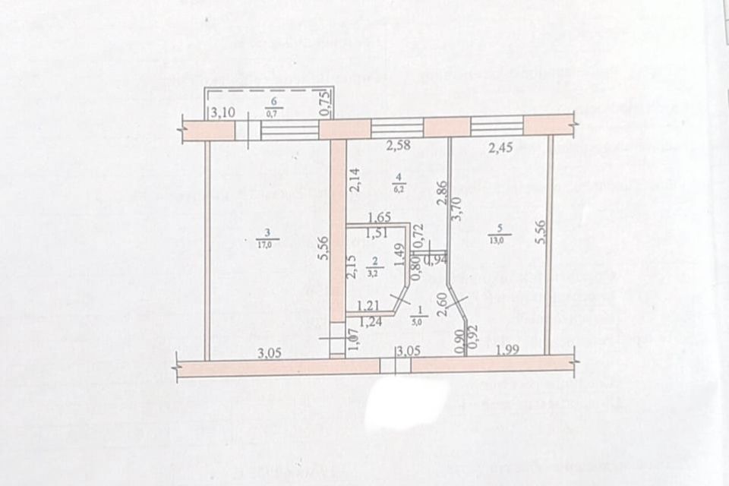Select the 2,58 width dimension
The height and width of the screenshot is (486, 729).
tap(399, 147)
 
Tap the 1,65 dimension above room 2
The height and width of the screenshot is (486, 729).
tap(378, 217)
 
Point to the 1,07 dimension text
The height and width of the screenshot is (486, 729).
tap(352, 340)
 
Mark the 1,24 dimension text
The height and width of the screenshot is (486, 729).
tap(370, 321)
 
